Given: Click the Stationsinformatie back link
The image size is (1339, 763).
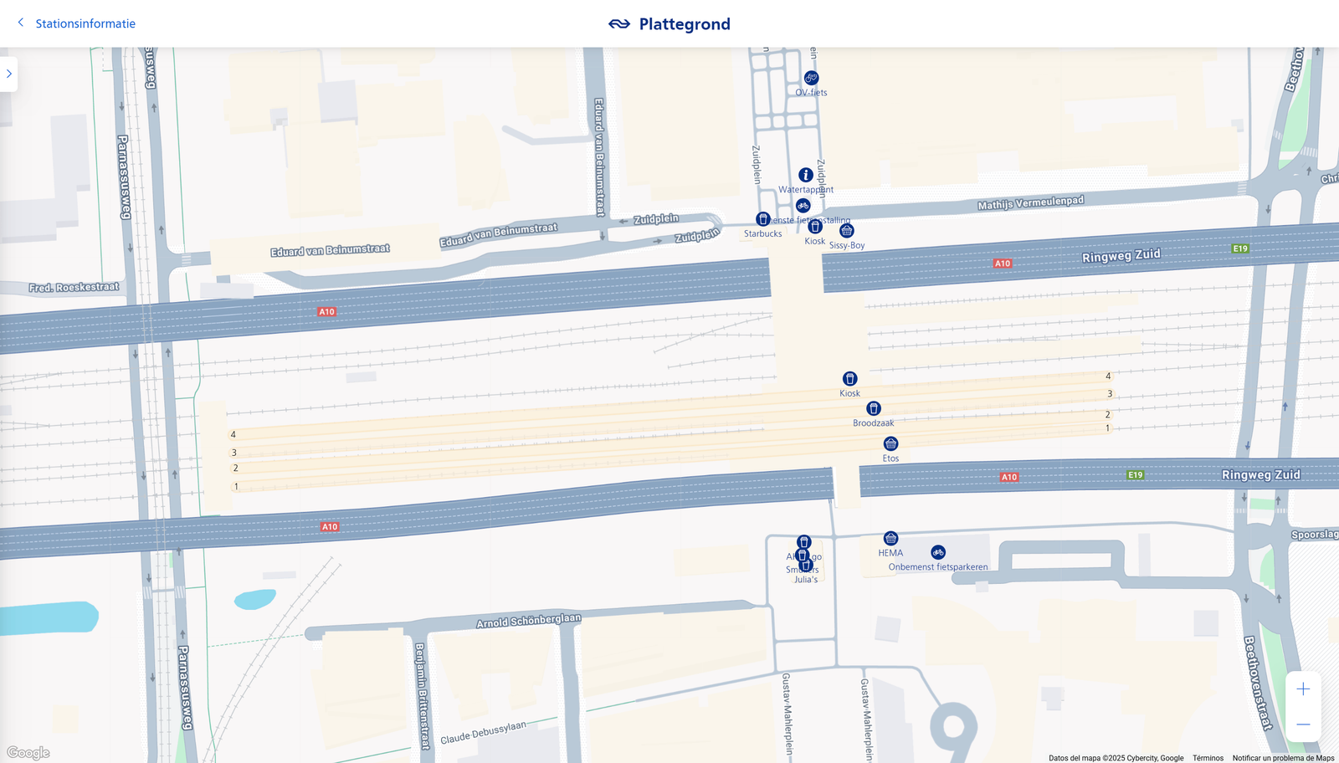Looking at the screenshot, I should coord(85,23).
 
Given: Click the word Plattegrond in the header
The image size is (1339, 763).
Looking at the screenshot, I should coord(685,24).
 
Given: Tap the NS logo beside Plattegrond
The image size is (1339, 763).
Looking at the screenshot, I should coord(619,24).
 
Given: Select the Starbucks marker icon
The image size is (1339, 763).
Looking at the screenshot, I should coord(763,219).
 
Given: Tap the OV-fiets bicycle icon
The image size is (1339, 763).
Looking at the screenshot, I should coord(811,79).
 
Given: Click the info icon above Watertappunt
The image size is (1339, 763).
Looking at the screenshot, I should coord(806,175).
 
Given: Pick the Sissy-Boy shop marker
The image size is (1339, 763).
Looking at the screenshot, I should coord(847,231).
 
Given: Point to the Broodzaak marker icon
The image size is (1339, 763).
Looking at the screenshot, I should coord(874,408).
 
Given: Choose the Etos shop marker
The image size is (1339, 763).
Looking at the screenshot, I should coord(891,443).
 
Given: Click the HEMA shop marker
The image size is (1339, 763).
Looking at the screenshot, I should coord(890,539).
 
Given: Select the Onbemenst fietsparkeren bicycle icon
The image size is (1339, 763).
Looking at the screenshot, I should coord(938,552).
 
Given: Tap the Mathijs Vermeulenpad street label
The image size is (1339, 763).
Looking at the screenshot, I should coord(1030,202).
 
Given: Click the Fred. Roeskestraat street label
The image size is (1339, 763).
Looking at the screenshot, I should coord(74,287).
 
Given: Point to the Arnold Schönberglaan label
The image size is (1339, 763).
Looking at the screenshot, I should coord(528,620).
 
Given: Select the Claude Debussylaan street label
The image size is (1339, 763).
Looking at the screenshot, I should coord(483,732).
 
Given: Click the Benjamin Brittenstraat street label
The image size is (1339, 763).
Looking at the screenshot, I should coord(422,694).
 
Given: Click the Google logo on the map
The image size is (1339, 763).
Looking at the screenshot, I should coord(28,753).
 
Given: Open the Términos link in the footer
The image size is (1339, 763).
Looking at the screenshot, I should coord(1208,758).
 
